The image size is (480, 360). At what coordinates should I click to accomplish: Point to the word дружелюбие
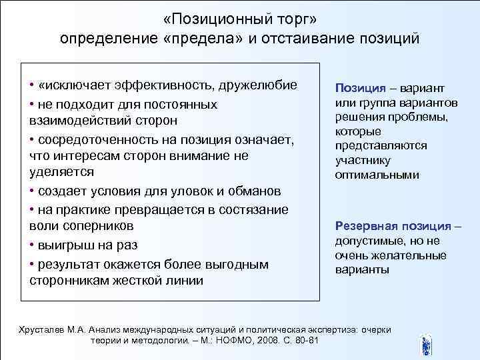click(258, 87)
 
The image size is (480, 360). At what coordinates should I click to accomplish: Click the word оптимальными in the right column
click(377, 175)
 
